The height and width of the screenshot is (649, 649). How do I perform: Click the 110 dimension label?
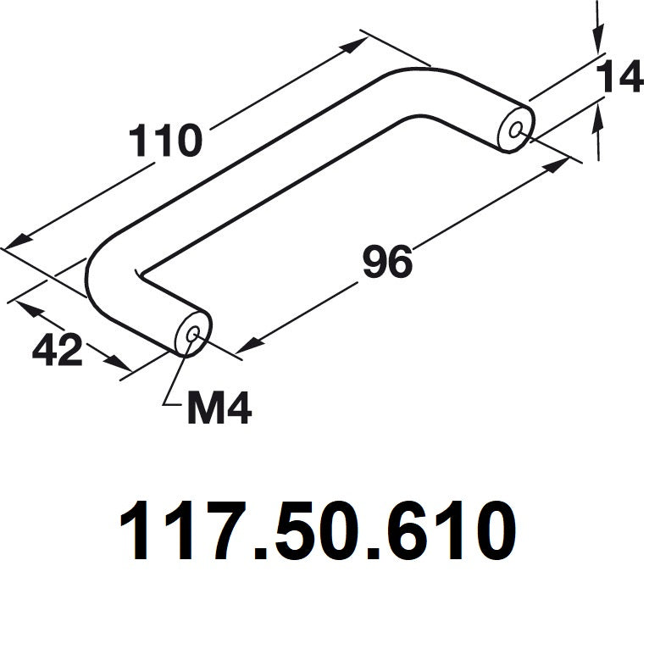(166, 141)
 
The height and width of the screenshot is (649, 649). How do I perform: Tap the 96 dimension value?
(387, 263)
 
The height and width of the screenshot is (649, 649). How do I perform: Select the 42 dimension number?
(58, 350)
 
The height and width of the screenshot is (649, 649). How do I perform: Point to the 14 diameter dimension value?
(619, 79)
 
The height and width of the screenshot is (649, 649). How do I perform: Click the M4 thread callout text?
(219, 411)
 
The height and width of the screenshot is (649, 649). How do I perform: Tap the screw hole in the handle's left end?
(192, 335)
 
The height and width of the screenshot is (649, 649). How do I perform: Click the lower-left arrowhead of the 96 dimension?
(248, 345)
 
